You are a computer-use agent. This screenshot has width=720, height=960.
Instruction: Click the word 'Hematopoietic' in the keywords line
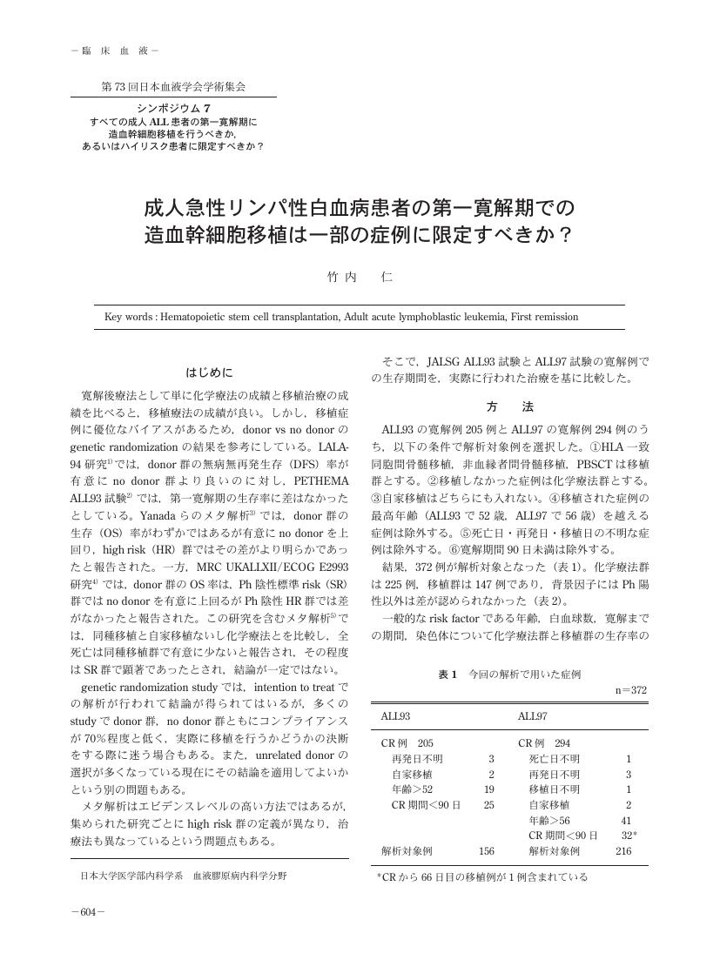[195, 318]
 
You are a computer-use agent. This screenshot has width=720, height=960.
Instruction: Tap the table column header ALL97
[532, 716]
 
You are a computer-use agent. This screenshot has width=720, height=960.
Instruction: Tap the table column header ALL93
[396, 716]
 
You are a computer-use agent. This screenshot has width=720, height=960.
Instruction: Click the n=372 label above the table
[631, 690]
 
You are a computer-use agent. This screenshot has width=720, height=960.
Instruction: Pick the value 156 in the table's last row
[487, 851]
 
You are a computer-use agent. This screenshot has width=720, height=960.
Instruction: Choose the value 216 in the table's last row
[623, 851]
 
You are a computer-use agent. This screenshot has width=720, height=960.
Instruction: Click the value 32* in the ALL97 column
[629, 836]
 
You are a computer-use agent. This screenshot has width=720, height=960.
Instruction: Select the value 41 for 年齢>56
[626, 820]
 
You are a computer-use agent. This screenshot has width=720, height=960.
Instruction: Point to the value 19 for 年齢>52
[488, 789]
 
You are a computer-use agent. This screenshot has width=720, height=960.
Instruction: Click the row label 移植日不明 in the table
[554, 789]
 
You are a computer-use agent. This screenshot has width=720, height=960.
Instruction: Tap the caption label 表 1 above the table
[447, 675]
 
